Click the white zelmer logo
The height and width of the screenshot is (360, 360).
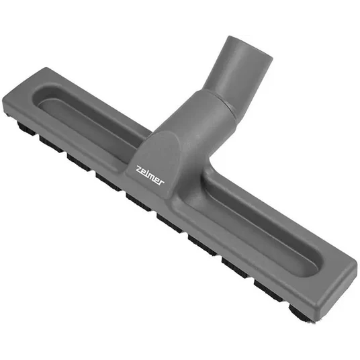150,175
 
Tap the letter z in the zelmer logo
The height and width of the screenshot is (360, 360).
139,169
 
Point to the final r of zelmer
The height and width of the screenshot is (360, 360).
161,182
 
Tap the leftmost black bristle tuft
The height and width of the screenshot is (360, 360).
26,128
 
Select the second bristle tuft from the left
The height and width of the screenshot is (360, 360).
51,144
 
